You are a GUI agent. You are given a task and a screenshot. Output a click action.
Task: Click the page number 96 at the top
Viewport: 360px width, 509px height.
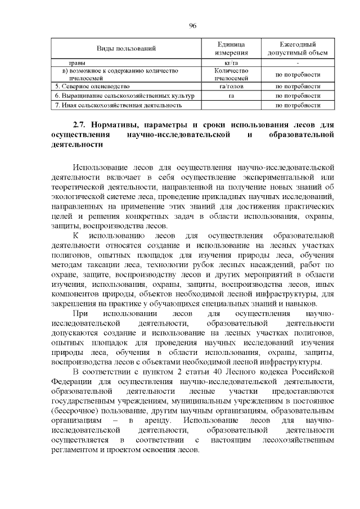[x=192, y=26]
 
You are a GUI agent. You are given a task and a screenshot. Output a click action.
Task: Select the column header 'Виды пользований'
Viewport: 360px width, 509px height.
[x=122, y=49]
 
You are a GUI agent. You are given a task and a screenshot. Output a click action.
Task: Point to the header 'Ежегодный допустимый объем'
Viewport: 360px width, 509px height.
[x=298, y=48]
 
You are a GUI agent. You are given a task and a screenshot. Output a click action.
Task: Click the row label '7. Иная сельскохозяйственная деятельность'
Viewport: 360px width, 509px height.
[x=118, y=105]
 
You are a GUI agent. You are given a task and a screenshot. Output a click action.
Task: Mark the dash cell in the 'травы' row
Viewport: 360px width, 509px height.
[x=298, y=63]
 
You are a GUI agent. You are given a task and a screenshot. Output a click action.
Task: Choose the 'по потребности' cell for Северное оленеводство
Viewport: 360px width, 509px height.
[x=298, y=87]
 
